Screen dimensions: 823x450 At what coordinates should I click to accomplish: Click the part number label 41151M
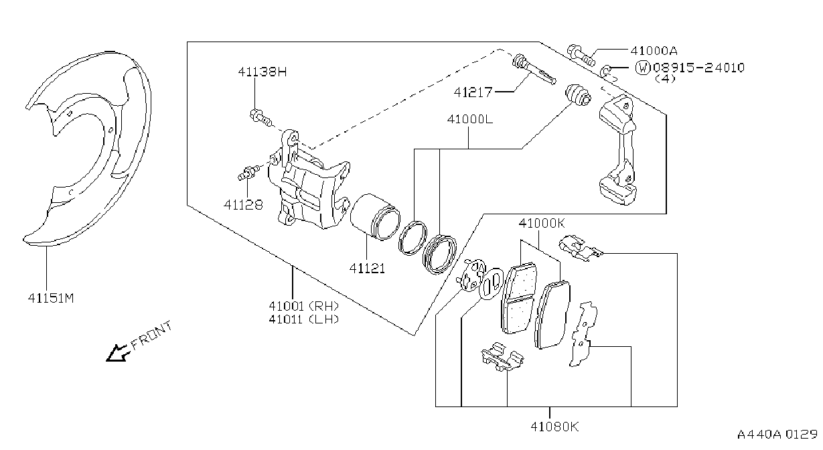pyautogui.click(x=51, y=298)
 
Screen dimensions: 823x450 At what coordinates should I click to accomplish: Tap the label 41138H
pyautogui.click(x=262, y=72)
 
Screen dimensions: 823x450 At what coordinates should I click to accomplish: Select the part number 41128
pyautogui.click(x=243, y=205)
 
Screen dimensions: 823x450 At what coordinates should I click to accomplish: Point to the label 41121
pyautogui.click(x=367, y=269)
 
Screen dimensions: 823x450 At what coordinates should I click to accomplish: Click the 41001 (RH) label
pyautogui.click(x=303, y=305)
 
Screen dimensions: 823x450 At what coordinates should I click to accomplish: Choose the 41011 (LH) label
pyautogui.click(x=303, y=319)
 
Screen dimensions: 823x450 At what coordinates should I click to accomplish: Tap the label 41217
pyautogui.click(x=473, y=92)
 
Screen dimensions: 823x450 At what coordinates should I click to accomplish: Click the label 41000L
pyautogui.click(x=470, y=119)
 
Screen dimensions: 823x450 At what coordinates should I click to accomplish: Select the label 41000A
pyautogui.click(x=654, y=51)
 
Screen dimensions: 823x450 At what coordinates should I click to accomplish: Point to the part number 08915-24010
pyautogui.click(x=698, y=68)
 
